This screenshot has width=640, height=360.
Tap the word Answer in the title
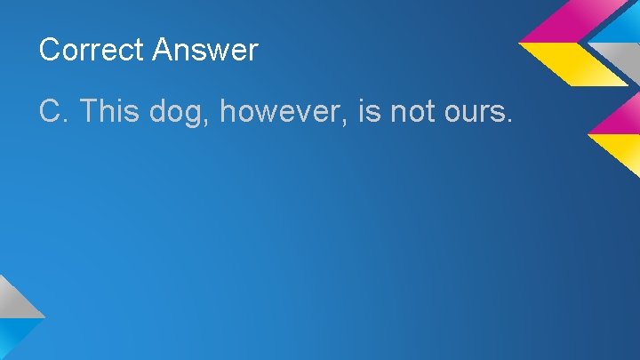pyautogui.click(x=204, y=50)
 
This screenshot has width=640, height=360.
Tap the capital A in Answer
pyautogui.click(x=164, y=50)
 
